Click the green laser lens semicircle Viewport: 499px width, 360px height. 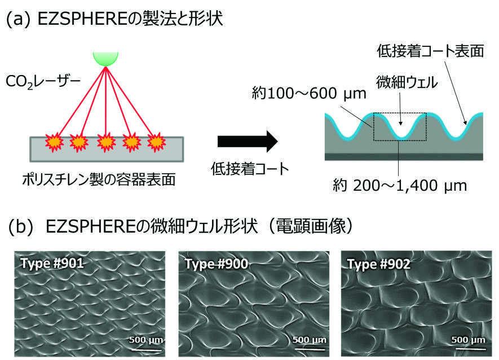point(105,58)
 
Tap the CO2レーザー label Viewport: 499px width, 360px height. point(43,82)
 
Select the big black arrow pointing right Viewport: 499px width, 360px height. point(248,142)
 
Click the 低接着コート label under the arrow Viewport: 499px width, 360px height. point(250,169)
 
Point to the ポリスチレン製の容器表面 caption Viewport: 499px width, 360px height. point(99,179)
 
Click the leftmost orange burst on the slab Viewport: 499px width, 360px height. point(54,142)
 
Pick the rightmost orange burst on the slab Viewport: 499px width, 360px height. point(156,142)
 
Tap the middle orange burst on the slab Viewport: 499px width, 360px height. point(106,142)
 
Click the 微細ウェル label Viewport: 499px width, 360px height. point(407,82)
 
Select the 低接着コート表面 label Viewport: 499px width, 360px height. point(431,51)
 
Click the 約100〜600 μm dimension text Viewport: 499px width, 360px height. point(309,93)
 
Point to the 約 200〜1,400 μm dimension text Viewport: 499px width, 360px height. point(400,186)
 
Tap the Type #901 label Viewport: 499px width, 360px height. point(52,264)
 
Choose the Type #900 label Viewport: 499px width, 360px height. point(217,264)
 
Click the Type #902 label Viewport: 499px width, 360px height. point(379,264)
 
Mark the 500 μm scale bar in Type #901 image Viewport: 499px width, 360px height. point(146,349)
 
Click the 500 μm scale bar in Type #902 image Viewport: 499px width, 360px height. point(469,349)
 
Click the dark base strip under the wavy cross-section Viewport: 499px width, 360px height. point(404,156)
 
